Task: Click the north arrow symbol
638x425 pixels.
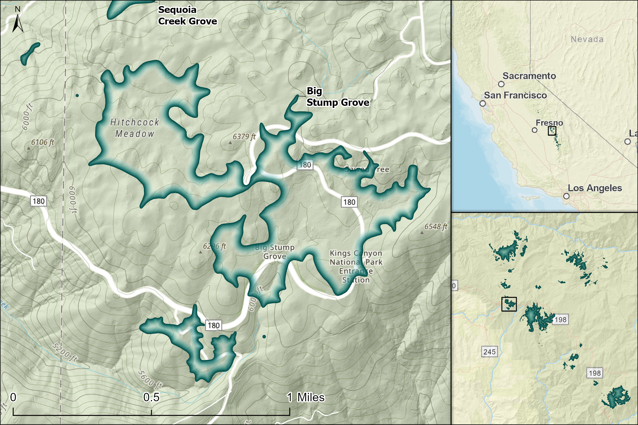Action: (x=18, y=23)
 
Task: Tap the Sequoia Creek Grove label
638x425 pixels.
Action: (x=187, y=16)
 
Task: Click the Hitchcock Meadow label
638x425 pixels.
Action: (x=135, y=128)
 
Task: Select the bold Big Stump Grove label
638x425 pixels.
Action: (x=337, y=97)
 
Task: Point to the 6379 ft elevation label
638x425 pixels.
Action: (x=244, y=137)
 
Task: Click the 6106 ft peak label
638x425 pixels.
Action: (x=42, y=142)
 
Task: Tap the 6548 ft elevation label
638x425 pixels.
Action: (x=435, y=227)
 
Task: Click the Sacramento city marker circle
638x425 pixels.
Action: (x=501, y=84)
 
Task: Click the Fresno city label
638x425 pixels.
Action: (x=549, y=123)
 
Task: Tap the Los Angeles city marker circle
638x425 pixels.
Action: (x=566, y=196)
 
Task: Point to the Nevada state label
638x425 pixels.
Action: (x=587, y=39)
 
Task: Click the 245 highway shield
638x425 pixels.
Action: (x=489, y=352)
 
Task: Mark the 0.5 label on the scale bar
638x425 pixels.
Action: (x=151, y=397)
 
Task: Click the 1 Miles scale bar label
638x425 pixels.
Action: (x=305, y=397)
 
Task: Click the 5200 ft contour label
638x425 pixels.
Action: (x=65, y=352)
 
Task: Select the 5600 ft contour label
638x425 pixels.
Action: (x=150, y=379)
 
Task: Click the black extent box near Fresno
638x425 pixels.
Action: (x=552, y=131)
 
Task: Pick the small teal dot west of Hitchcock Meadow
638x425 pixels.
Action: (x=77, y=95)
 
